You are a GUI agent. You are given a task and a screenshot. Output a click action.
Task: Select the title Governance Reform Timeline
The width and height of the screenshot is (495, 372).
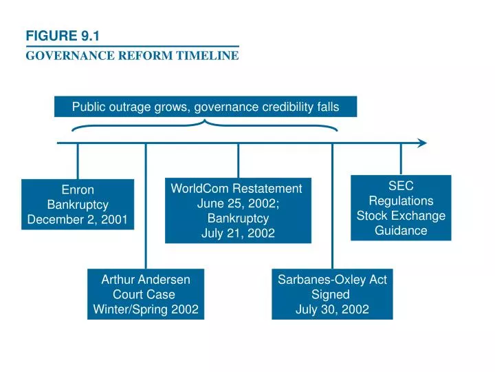[132, 56]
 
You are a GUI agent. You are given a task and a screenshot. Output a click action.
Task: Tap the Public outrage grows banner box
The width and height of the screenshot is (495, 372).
[206, 107]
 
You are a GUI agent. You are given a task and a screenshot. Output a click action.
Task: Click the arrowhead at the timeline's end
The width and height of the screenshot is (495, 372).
[421, 143]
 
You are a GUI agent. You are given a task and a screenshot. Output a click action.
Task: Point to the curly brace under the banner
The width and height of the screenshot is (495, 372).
[205, 125]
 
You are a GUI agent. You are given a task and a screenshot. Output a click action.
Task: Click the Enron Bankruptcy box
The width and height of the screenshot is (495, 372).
[77, 205]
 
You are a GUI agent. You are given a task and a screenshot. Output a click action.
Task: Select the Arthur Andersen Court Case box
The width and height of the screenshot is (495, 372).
[146, 294]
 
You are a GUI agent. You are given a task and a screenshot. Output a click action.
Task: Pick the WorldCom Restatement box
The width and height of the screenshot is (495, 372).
[238, 211]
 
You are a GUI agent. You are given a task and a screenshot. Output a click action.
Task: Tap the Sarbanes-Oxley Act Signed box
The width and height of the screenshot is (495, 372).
[332, 294]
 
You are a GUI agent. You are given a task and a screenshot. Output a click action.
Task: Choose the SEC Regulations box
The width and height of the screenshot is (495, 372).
[401, 207]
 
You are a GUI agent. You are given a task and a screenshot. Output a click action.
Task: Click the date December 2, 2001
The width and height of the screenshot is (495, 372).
[77, 220]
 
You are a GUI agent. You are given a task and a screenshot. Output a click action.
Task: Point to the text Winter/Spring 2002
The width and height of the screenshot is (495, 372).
[146, 309]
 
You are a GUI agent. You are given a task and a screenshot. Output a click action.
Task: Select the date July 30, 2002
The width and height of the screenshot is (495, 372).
[332, 309]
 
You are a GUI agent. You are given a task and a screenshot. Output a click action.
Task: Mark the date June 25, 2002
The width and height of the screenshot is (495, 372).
[238, 203]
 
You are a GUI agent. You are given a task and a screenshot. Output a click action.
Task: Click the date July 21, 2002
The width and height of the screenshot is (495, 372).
[238, 234]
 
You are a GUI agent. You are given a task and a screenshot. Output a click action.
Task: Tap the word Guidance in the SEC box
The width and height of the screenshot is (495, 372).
[401, 230]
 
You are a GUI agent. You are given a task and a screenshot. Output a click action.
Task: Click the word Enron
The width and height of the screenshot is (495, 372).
[77, 189]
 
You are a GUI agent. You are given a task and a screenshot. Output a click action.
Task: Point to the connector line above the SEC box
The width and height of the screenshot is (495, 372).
[401, 159]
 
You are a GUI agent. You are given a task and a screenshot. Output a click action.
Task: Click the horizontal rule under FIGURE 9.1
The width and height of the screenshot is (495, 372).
[132, 46]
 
